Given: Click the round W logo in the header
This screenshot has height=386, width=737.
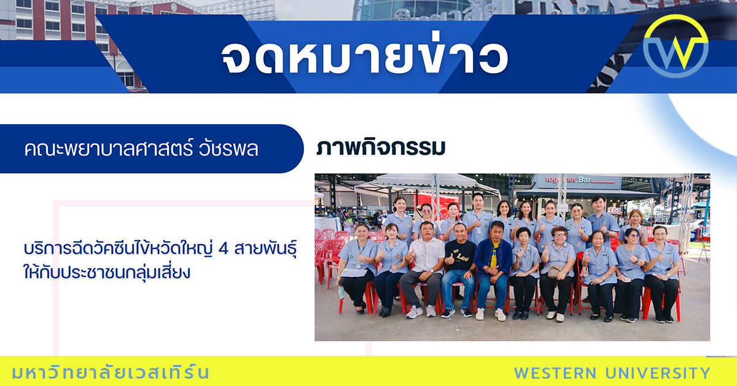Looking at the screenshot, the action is (x=676, y=46).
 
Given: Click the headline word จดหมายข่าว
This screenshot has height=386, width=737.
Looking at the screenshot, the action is (x=365, y=57).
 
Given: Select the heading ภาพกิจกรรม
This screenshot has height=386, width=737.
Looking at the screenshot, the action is (x=381, y=148).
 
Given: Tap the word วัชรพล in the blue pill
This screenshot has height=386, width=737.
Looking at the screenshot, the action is (x=228, y=149).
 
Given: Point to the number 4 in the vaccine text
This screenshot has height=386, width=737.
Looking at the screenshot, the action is (x=223, y=249).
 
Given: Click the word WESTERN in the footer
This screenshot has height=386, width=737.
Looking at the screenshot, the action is (x=555, y=373).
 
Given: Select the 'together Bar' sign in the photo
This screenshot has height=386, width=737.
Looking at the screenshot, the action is (x=568, y=180).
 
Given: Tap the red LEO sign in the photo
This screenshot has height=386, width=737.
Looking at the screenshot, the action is (x=613, y=210).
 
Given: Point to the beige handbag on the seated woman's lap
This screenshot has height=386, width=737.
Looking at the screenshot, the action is (x=556, y=271).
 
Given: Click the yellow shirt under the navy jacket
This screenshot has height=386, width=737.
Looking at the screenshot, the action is (x=493, y=254).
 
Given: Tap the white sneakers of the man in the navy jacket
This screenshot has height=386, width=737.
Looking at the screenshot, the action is (x=490, y=314).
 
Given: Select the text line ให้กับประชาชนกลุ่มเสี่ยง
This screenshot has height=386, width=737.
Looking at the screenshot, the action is (x=107, y=273).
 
